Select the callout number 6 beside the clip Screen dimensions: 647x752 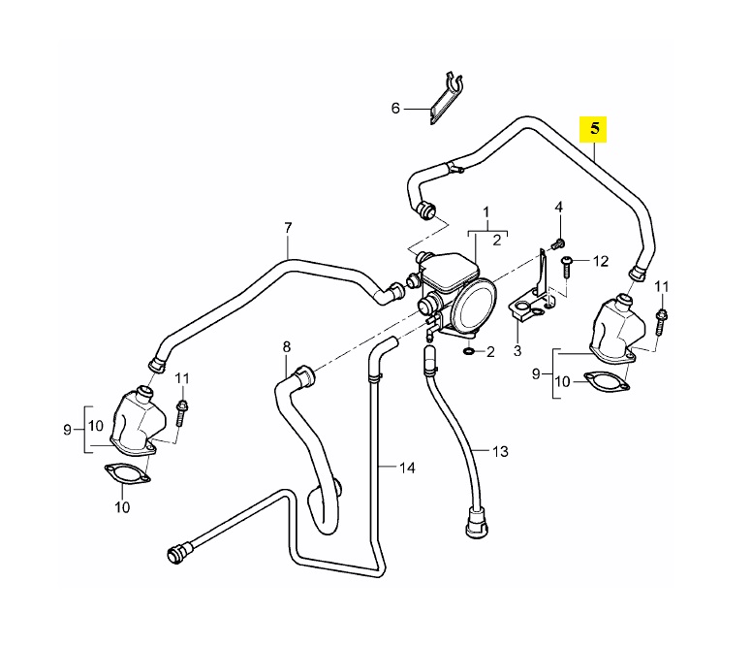click(395, 109)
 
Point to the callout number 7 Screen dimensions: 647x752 click(288, 228)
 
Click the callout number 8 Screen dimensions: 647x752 click(287, 345)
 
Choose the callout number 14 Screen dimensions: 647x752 click(408, 468)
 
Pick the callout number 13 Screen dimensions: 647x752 click(500, 451)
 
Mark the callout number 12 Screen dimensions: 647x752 click(600, 260)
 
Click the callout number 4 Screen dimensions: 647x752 click(559, 209)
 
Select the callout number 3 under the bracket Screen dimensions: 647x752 click(517, 349)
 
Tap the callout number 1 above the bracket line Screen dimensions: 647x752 click(486, 211)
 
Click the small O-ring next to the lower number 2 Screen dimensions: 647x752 click(470, 349)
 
